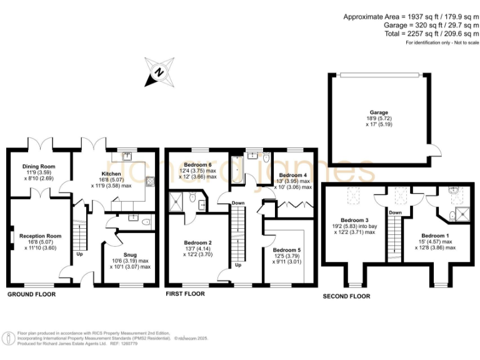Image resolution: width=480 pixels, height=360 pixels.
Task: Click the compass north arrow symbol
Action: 159,71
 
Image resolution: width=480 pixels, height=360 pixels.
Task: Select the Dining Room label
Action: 39,166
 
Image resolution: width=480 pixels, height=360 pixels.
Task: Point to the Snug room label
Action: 130,254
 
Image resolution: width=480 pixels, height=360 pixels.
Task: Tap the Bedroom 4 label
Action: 292,175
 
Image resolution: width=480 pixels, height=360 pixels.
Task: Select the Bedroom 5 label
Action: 286,249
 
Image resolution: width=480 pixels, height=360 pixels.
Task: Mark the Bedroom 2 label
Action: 198,242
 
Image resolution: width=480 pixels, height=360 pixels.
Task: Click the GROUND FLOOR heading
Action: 31,294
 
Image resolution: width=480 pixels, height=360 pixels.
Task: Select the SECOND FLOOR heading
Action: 346,296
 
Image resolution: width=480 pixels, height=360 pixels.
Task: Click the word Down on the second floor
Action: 395,212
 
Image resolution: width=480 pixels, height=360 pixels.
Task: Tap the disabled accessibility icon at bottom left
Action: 9,338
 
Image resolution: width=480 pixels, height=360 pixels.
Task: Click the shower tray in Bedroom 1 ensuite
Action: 463,214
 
